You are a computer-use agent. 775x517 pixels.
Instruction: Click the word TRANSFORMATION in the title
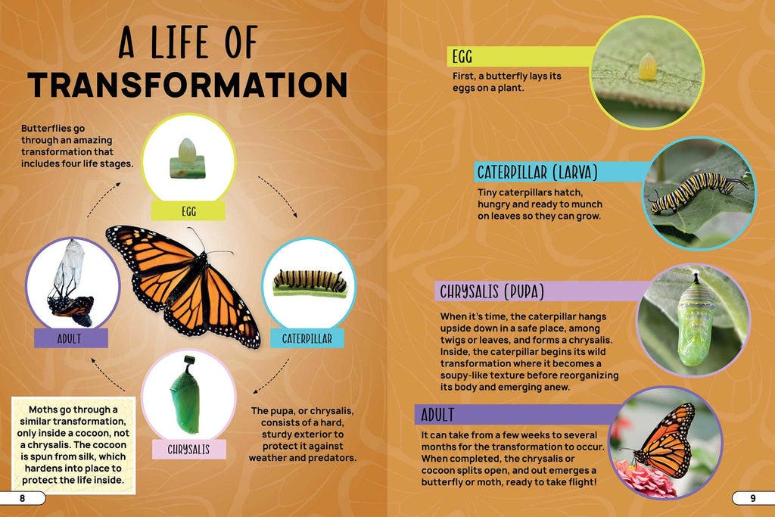click(188, 85)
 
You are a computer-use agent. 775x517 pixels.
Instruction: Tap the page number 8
click(22, 498)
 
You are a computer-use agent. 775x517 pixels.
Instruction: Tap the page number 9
click(753, 498)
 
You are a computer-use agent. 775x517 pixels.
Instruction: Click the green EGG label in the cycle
click(188, 211)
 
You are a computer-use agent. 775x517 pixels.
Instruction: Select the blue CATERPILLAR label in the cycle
click(307, 338)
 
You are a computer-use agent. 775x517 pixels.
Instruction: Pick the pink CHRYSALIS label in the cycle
click(188, 450)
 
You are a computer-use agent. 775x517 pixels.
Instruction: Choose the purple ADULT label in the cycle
click(69, 338)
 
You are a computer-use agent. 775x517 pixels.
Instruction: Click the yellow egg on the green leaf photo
click(648, 67)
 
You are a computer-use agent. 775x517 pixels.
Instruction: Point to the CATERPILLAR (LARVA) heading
click(537, 172)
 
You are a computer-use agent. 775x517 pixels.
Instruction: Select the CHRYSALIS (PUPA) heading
click(492, 291)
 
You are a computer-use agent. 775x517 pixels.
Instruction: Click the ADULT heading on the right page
click(437, 415)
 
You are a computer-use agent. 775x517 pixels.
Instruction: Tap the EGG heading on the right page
click(462, 57)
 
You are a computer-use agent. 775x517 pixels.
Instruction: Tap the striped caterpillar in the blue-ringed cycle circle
click(310, 281)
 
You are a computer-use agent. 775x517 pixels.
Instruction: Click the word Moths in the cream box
click(43, 410)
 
